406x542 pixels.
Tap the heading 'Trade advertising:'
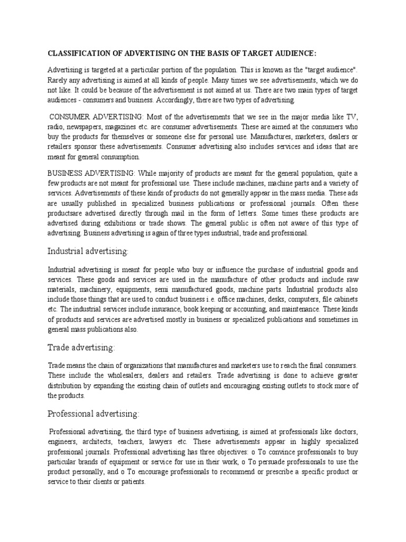click(81, 347)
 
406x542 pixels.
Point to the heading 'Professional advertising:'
click(94, 413)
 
